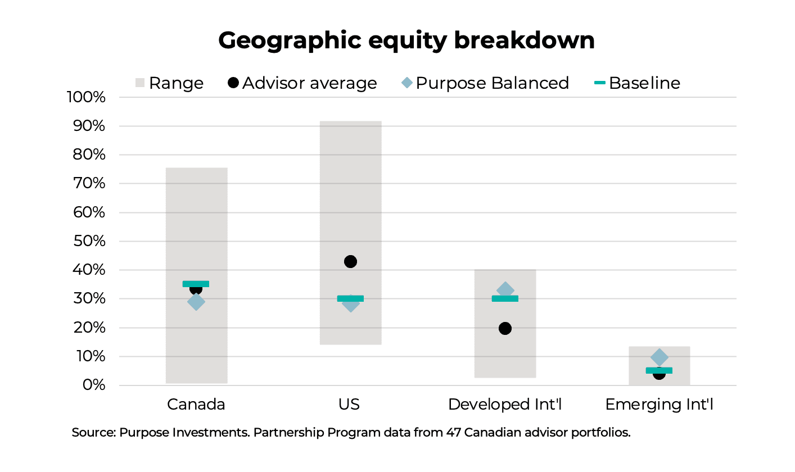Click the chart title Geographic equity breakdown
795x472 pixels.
(406, 40)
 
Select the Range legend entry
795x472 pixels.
(169, 83)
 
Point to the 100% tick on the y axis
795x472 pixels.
(86, 97)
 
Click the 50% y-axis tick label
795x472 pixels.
(89, 241)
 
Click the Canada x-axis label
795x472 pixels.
(196, 405)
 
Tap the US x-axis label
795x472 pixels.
(350, 405)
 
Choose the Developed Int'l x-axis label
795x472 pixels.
(505, 405)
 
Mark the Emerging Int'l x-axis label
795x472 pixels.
(659, 405)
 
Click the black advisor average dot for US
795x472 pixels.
(350, 261)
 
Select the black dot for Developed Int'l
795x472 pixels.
(505, 328)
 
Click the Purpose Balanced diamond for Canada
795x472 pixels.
(196, 302)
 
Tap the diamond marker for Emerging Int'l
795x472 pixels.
(659, 357)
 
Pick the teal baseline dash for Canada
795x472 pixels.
(196, 284)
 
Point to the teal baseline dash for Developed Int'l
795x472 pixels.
(505, 298)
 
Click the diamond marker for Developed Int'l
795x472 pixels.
(505, 289)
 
